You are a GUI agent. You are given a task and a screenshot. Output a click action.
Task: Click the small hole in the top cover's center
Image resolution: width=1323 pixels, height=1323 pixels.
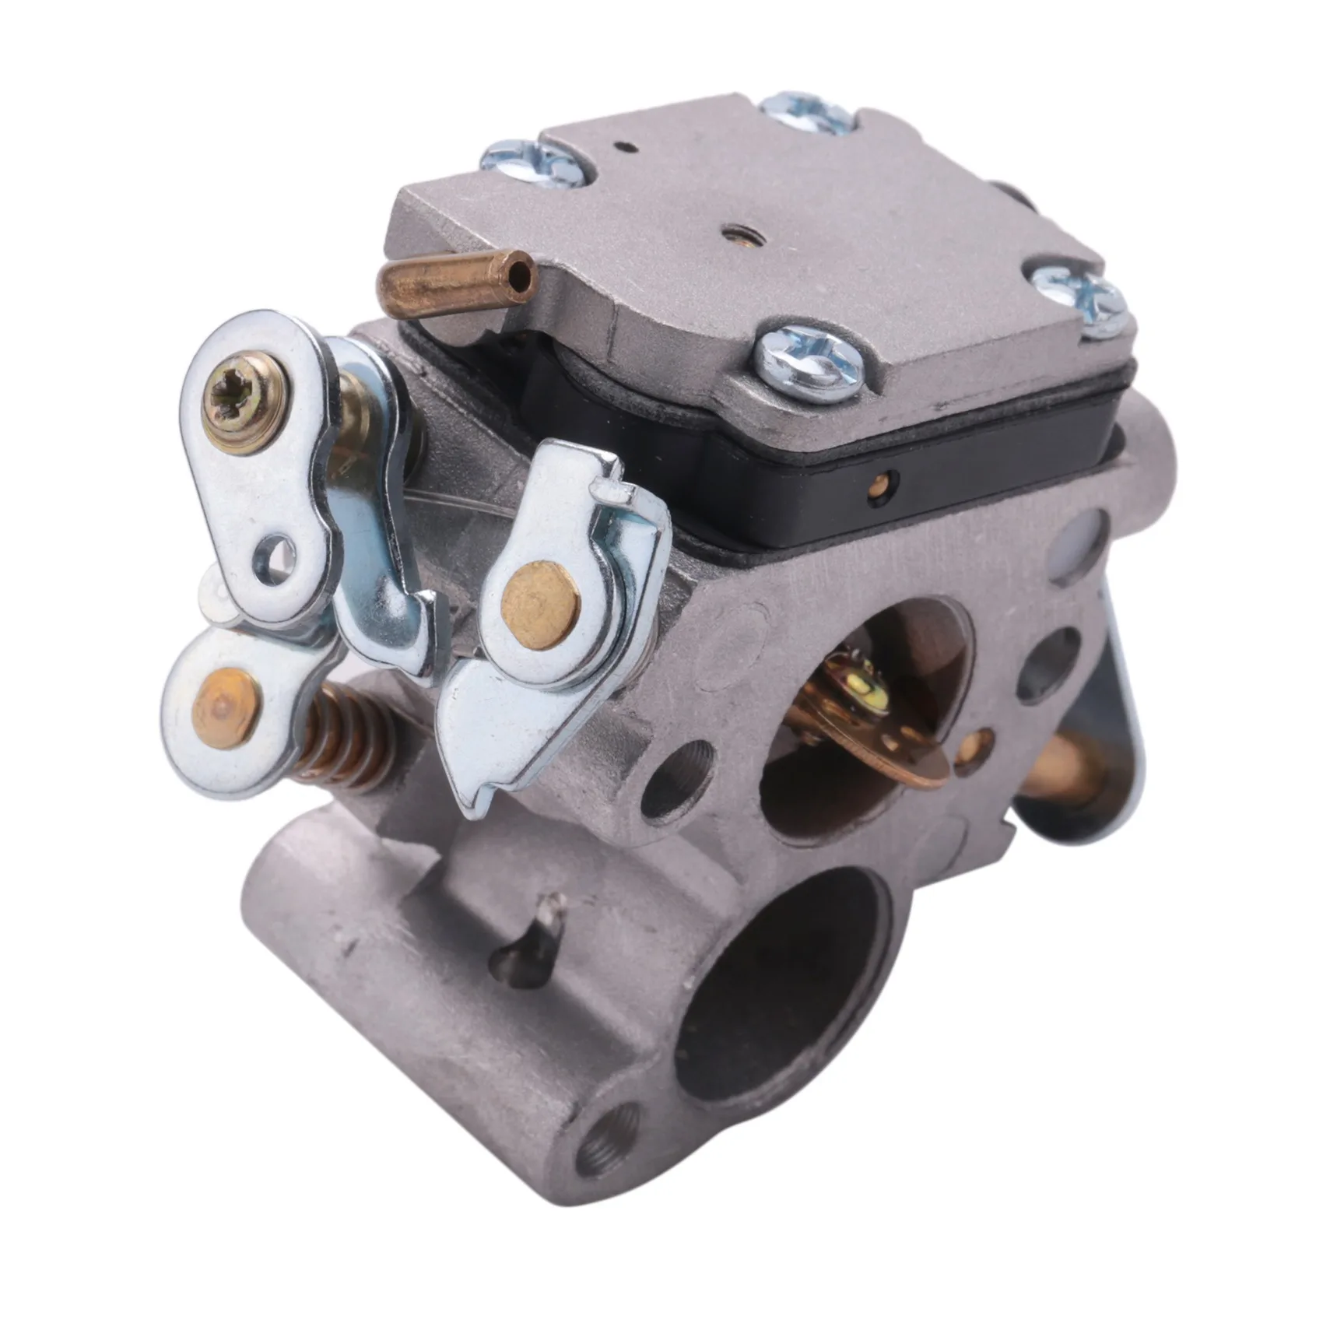pos(731,230)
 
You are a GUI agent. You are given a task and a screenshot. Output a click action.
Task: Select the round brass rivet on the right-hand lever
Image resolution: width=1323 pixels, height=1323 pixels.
pos(541,605)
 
